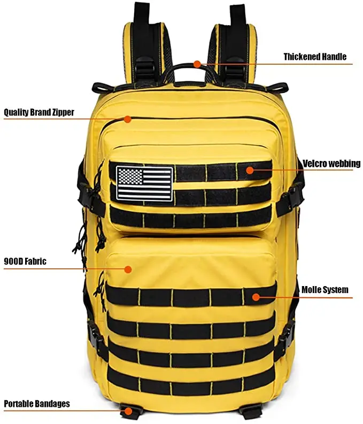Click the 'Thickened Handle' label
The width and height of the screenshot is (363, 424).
click(315, 57)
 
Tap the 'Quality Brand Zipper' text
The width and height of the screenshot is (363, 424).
click(39, 112)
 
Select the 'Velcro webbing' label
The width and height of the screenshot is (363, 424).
click(331, 163)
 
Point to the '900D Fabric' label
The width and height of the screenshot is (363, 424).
click(25, 261)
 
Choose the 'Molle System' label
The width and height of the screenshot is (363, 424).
click(325, 290)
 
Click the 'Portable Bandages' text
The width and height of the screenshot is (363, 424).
click(37, 404)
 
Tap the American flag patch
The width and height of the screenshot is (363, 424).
click(144, 183)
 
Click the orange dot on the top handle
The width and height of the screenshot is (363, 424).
click(197, 64)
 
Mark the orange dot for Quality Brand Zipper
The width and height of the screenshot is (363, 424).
click(127, 119)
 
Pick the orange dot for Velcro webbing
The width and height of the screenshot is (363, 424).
click(249, 170)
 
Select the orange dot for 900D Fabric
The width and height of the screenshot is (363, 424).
click(128, 269)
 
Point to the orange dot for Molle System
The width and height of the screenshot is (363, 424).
click(256, 297)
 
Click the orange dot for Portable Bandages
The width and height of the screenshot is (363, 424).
click(127, 411)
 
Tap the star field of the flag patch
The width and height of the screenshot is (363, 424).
click(130, 176)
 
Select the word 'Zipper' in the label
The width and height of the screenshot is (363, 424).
click(62, 112)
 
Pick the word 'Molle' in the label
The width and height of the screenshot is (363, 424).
click(311, 290)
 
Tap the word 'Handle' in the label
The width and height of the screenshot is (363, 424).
click(333, 57)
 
